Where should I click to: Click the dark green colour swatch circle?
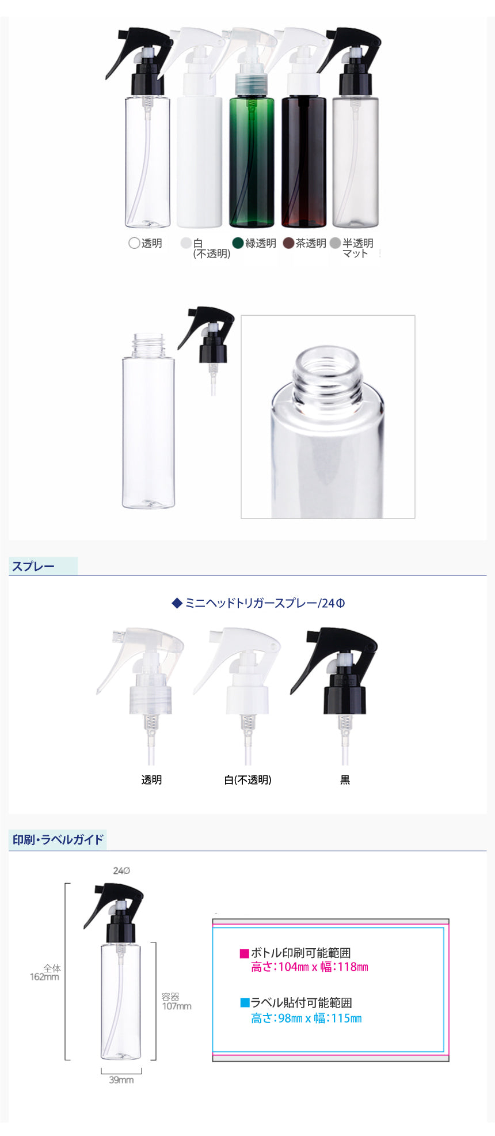tap(238, 243)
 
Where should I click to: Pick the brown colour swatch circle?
tap(288, 243)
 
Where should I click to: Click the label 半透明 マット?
tap(357, 248)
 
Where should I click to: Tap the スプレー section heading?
tap(33, 566)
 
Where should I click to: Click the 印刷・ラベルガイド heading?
tap(58, 839)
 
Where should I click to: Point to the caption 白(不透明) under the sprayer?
tap(247, 779)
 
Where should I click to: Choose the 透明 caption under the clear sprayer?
tap(151, 779)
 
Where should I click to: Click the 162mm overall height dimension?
tap(44, 976)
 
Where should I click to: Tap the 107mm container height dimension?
tap(177, 1006)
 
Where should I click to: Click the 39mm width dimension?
tap(121, 1080)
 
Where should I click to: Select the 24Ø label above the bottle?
tap(121, 870)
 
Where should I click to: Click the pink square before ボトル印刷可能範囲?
tap(244, 953)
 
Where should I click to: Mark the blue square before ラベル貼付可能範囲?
tap(244, 1003)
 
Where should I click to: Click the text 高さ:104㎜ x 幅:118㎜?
tap(310, 967)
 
